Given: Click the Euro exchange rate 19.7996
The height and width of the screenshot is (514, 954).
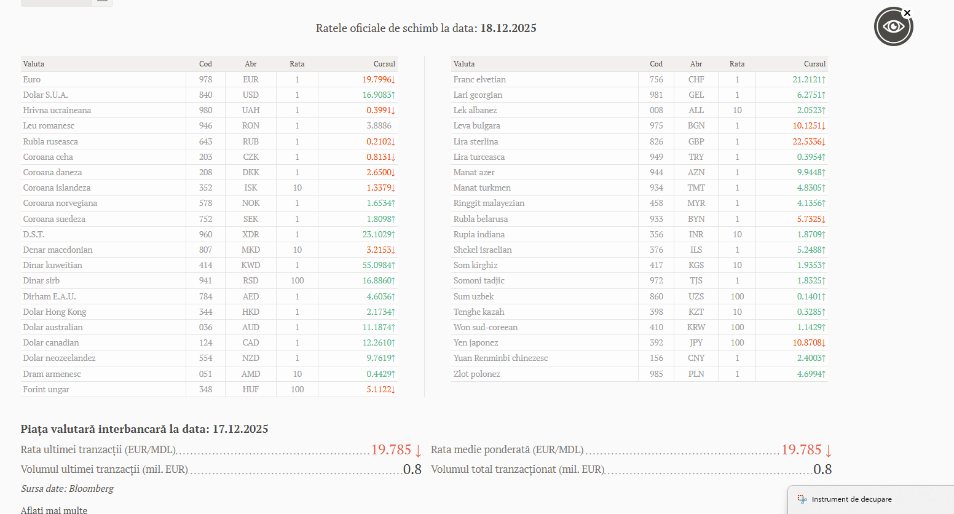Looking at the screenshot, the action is [377, 79].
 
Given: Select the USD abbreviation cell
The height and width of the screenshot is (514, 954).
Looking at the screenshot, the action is [250, 95].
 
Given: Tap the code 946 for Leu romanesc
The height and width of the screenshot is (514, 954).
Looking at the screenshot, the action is [205, 125].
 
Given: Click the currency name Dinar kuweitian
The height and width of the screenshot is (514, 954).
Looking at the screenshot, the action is [52, 265].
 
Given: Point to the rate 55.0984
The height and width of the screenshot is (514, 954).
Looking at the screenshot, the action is [377, 265].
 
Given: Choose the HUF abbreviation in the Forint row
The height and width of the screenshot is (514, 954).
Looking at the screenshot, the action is [250, 389].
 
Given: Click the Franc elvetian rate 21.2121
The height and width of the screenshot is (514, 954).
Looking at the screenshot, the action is [807, 79].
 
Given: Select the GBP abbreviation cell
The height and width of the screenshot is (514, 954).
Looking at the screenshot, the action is [696, 141].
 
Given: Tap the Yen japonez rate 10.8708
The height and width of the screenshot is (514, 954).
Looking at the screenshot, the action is [807, 342].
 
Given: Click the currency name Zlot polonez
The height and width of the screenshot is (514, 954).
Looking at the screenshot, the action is [476, 374].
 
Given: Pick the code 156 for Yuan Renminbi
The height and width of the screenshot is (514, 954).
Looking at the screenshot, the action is [656, 358].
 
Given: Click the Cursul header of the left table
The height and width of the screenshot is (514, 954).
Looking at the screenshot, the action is [384, 64].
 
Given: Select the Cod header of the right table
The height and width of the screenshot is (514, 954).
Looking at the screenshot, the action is [656, 64].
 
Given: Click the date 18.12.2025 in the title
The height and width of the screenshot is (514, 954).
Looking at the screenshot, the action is [508, 28].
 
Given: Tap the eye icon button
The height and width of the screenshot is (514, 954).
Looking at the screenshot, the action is [893, 26].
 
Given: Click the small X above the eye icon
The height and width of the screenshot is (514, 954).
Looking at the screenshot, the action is [907, 13].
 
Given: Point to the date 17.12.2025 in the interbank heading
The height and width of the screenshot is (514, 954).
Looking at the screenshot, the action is [240, 429].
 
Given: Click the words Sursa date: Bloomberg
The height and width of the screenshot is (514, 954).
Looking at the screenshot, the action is [67, 488].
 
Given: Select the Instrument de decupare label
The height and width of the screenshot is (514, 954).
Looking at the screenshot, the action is [851, 499].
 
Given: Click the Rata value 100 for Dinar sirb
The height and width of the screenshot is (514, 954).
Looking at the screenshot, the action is [298, 280].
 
